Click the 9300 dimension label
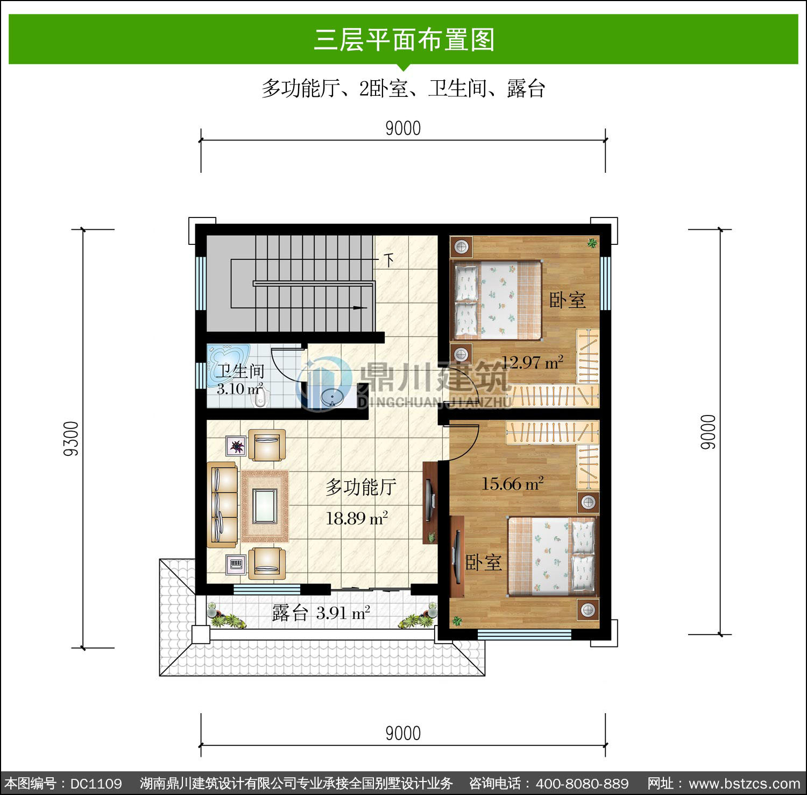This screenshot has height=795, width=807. pyautogui.click(x=72, y=438)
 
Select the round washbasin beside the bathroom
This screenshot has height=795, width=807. pyautogui.click(x=332, y=397)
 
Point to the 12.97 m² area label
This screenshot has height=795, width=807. pyautogui.click(x=532, y=362)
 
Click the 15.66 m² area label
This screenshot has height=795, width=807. pyautogui.click(x=512, y=483)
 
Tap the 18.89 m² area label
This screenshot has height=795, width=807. pyautogui.click(x=357, y=518)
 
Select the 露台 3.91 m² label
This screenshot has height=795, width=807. pyautogui.click(x=321, y=613)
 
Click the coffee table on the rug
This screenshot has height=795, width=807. pyautogui.click(x=265, y=505)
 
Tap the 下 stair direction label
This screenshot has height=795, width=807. pyautogui.click(x=388, y=261)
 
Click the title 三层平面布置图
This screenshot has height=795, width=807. pyautogui.click(x=403, y=39)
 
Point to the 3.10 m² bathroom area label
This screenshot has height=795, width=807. pyautogui.click(x=239, y=388)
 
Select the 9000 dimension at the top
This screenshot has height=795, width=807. pyautogui.click(x=403, y=128)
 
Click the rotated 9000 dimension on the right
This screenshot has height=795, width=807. pyautogui.click(x=709, y=432)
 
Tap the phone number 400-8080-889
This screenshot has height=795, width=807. pyautogui.click(x=582, y=783)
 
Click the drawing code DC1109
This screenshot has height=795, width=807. pyautogui.click(x=96, y=783)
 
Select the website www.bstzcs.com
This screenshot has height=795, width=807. pyautogui.click(x=745, y=783)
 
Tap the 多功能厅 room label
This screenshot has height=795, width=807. pyautogui.click(x=361, y=487)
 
